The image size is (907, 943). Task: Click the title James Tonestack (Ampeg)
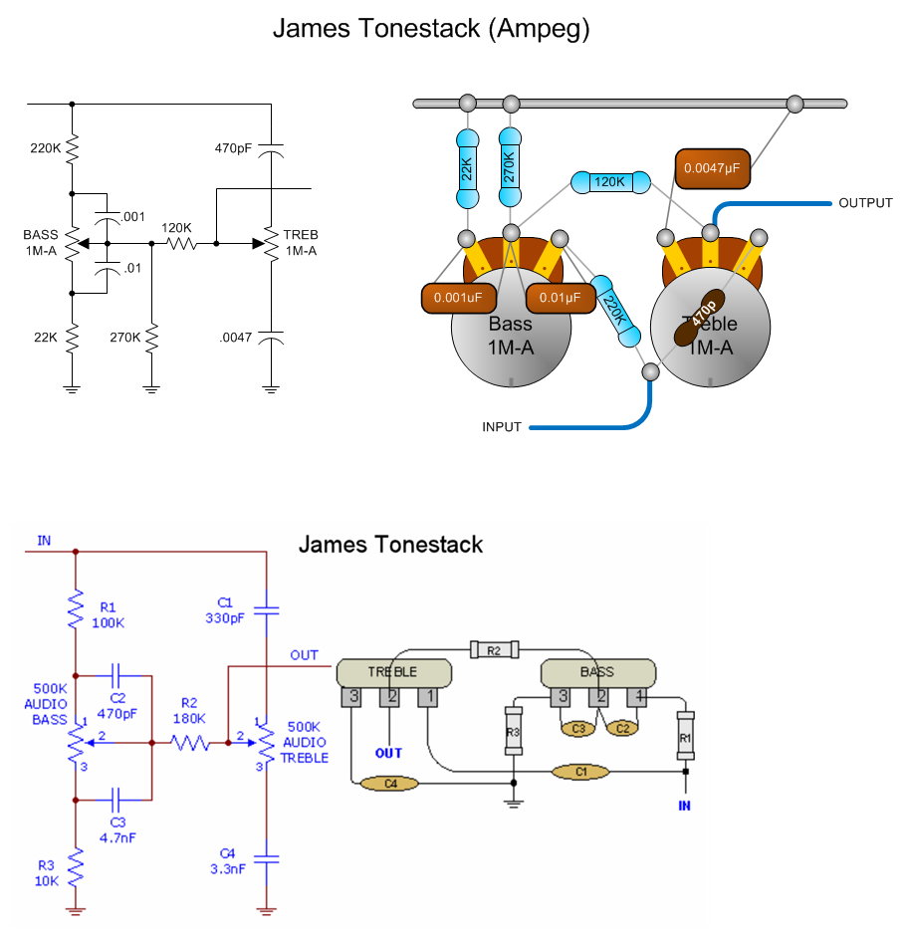click(x=431, y=29)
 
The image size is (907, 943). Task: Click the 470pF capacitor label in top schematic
click(x=233, y=148)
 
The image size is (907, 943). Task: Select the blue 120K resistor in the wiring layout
click(x=609, y=183)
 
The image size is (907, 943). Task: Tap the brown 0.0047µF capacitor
click(x=713, y=169)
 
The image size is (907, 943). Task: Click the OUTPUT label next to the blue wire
click(x=866, y=203)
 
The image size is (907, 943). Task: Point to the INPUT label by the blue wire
click(x=502, y=427)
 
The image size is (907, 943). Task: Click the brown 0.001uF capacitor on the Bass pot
click(x=456, y=296)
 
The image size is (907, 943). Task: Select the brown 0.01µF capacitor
click(x=561, y=296)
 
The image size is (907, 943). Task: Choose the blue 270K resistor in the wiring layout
click(x=511, y=161)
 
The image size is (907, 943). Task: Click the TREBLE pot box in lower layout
click(x=394, y=672)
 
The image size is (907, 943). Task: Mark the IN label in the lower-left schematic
click(x=44, y=541)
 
